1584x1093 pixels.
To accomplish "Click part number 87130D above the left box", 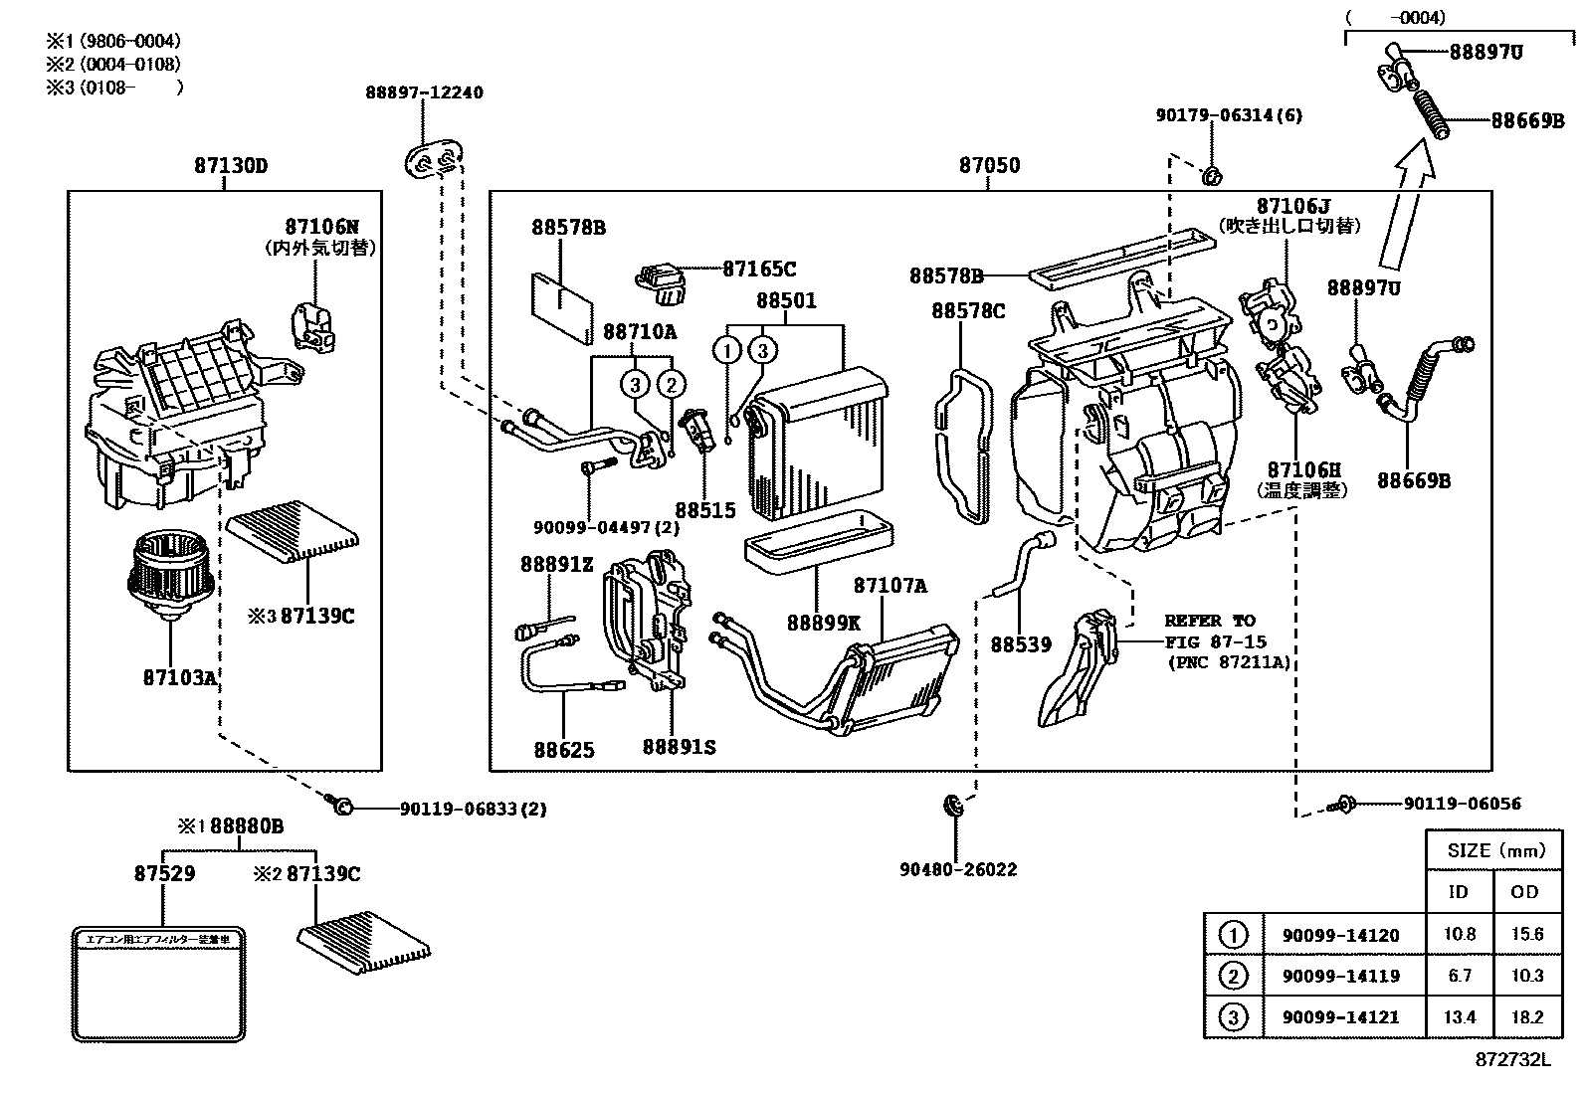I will click(x=231, y=166).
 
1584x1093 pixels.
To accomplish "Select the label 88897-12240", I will click(x=424, y=92).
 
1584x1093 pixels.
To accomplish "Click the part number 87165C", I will click(x=759, y=269).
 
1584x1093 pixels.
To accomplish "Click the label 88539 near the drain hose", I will click(x=1020, y=644).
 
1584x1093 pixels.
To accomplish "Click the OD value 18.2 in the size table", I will click(x=1524, y=1016).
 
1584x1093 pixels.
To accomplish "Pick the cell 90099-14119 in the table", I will click(x=1332, y=977).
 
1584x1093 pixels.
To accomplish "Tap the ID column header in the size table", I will click(x=1458, y=892).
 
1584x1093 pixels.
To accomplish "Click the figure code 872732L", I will click(x=1512, y=1060).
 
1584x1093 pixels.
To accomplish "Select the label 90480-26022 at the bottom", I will click(x=958, y=869).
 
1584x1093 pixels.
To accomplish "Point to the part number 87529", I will click(x=164, y=873).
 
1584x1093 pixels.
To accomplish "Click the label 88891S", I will click(x=679, y=746).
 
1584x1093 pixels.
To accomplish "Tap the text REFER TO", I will click(x=1210, y=621).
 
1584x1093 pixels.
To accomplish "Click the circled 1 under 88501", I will click(x=728, y=350).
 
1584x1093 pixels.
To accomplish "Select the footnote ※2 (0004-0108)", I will click(x=112, y=64).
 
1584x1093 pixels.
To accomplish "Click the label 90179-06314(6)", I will click(x=1229, y=115).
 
